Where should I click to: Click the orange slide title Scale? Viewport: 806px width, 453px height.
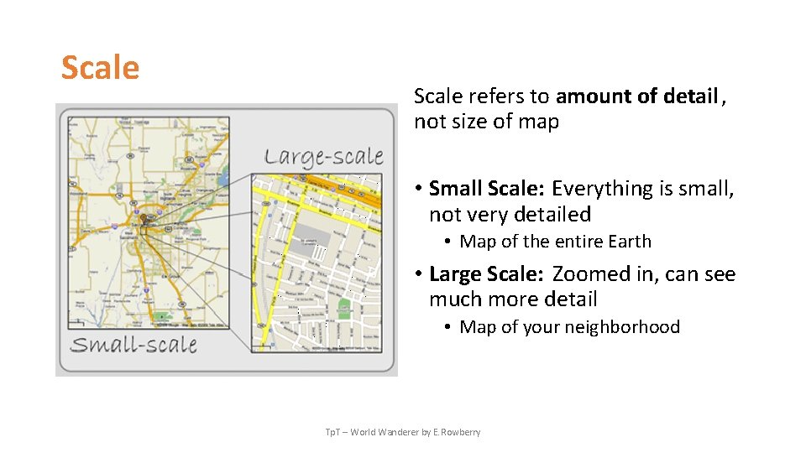click(100, 67)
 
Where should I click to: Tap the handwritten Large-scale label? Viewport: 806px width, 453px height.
click(324, 156)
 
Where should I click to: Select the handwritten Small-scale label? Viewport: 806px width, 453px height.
click(133, 345)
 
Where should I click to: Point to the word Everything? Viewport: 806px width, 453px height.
click(603, 189)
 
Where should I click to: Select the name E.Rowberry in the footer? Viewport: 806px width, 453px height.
click(458, 432)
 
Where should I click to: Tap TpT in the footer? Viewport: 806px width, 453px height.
click(333, 432)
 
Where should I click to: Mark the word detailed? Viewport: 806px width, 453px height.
click(553, 215)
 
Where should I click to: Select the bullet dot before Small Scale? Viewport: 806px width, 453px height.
click(419, 190)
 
